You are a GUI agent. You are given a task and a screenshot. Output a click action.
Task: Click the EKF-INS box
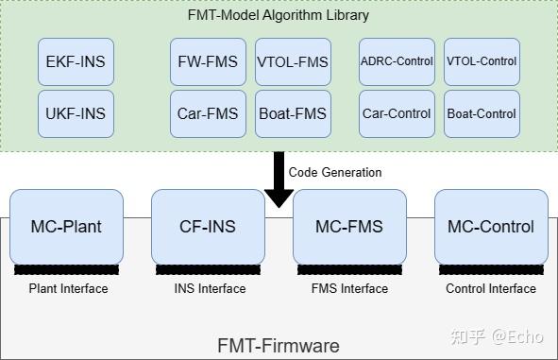pos(76,62)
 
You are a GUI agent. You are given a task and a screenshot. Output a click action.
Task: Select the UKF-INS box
pos(76,113)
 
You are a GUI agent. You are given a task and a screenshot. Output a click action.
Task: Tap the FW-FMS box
pos(208,62)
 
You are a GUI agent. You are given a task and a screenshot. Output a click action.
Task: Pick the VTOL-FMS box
pos(293,62)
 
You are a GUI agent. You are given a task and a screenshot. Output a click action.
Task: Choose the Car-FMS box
pos(208,113)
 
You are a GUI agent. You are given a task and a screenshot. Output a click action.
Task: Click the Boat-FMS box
pos(293,113)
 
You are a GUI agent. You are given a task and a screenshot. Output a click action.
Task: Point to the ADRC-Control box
pos(397,62)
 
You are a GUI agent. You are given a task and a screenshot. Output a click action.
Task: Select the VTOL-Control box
pos(482,62)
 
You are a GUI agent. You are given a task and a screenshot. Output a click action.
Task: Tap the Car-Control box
pos(397,113)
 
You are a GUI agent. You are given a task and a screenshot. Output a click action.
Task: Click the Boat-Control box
pos(482,113)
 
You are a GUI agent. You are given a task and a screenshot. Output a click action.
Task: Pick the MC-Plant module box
pos(66,227)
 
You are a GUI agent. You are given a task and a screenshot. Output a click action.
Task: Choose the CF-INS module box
pos(208,227)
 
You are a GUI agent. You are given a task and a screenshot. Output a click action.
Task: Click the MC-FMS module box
pos(349,227)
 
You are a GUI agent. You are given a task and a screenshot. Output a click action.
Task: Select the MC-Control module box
pos(491,227)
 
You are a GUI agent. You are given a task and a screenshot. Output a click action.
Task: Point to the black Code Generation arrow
pos(279,180)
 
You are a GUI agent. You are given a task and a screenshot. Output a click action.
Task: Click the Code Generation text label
pos(335,173)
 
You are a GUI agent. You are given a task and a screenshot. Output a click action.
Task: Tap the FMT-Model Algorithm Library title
pos(279,15)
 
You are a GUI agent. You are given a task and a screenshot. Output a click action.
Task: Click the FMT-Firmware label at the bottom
pos(279,345)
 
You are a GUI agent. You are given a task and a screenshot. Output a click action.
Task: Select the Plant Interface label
pos(68,289)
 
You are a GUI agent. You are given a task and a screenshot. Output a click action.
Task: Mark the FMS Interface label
pos(350,289)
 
